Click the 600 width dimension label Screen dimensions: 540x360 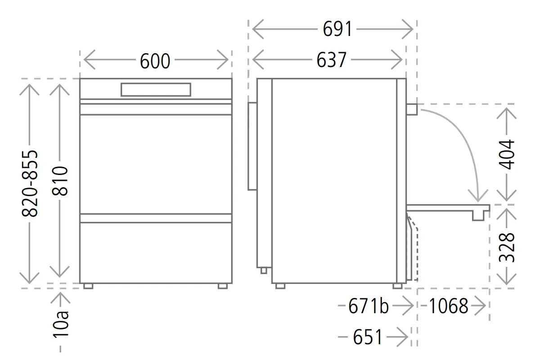point(155,61)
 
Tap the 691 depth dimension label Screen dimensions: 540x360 point(337,29)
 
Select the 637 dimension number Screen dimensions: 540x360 point(332,60)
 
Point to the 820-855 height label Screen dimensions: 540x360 point(30,183)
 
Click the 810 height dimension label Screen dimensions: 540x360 point(60,180)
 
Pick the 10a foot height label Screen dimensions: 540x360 point(60,325)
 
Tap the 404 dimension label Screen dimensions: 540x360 point(507,154)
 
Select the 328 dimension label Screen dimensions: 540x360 point(507,247)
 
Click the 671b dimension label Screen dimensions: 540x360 point(369,306)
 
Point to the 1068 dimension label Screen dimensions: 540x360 point(448,306)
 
